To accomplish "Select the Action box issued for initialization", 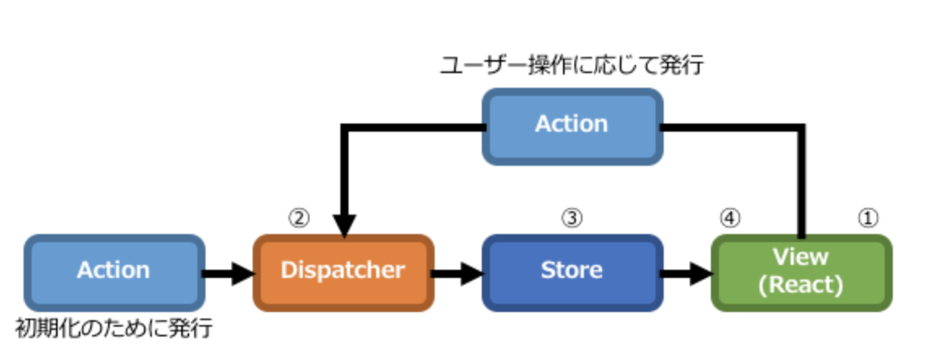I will tap(113, 271).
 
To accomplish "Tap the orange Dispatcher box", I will tap(342, 271).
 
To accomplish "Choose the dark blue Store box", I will tap(572, 271).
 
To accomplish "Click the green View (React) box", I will tap(801, 271).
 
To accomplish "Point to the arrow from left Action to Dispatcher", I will tap(227, 272).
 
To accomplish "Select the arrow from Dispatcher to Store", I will tap(457, 272).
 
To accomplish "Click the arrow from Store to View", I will tap(686, 272).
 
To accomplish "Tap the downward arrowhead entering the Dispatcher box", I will tap(344, 224).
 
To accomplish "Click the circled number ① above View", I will tap(869, 217).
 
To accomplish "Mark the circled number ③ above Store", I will tap(572, 217).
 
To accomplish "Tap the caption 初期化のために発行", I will tap(114, 329).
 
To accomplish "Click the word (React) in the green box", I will tap(801, 284).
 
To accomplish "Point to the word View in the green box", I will tap(801, 258).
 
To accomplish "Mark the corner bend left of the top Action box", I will tap(345, 128).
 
